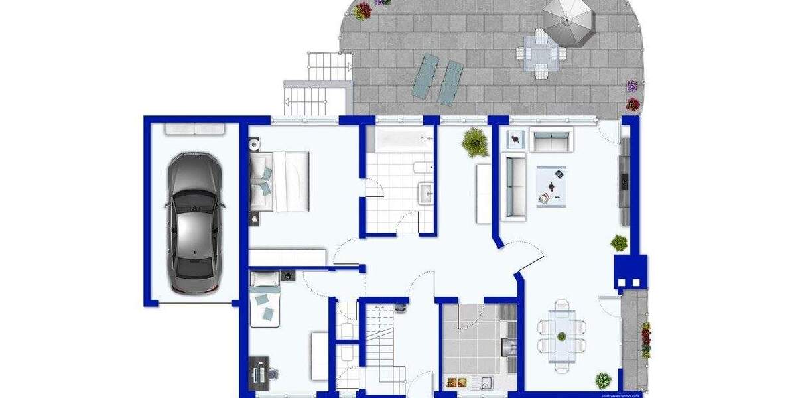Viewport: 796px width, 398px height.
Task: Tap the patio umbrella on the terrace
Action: (x=568, y=20)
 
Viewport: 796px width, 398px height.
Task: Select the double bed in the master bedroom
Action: (x=279, y=180)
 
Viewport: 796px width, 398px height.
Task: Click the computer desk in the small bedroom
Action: (x=259, y=373)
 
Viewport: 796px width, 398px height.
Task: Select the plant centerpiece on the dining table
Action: (x=562, y=336)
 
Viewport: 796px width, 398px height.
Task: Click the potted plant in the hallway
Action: (x=474, y=141)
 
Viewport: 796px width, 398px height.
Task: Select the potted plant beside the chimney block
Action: (x=619, y=243)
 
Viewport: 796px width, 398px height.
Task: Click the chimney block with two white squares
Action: (x=630, y=272)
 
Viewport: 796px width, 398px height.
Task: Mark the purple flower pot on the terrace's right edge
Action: (x=632, y=85)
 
